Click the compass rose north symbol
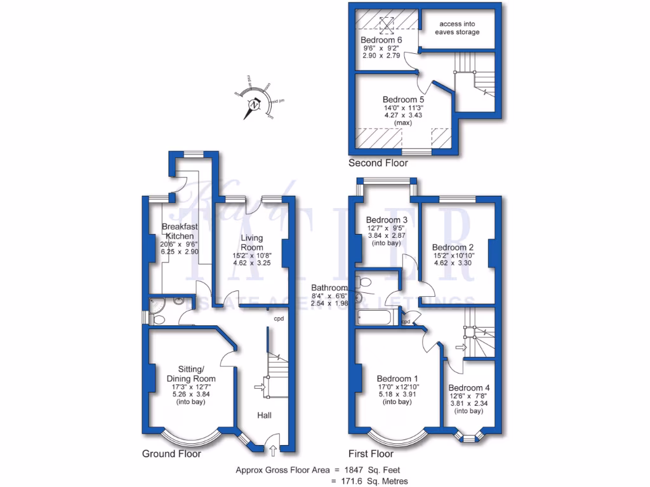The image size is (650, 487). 255,105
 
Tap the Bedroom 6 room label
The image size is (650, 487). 381,38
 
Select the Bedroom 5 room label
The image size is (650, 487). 403,100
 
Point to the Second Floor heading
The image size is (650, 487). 378,163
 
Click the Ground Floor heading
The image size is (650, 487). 172,453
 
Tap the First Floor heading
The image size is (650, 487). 371,453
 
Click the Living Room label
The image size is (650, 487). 251,242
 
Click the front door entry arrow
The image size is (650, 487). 274,451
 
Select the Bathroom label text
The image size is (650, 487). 329,287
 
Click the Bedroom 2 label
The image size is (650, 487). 453,247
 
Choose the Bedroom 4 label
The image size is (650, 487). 469,388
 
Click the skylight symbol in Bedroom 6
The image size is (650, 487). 385,23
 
